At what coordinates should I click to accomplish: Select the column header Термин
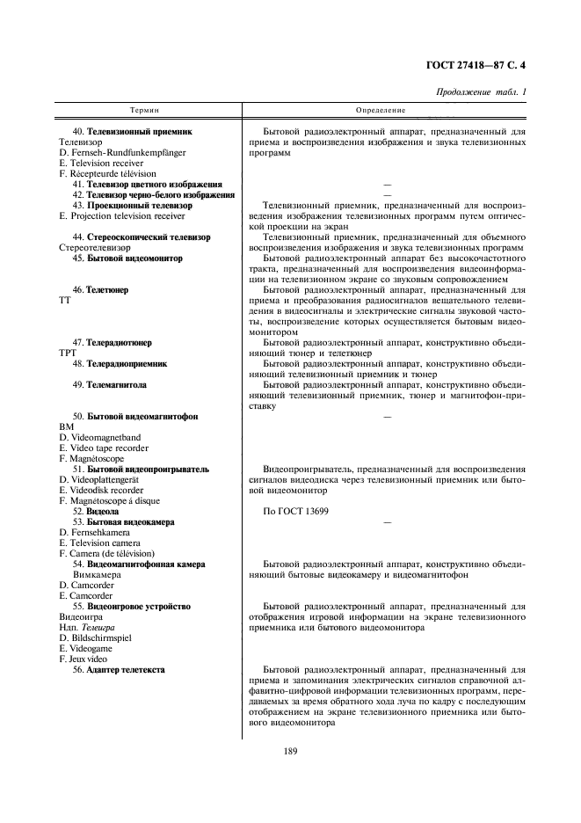[x=145, y=110]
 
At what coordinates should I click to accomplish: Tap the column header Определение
[x=381, y=110]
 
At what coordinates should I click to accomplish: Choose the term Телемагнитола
[x=117, y=385]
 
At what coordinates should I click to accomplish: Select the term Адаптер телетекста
[x=126, y=670]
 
